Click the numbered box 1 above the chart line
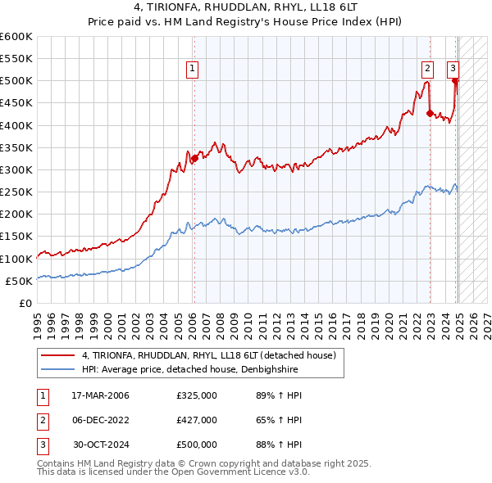tap(193, 70)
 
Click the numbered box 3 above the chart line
tap(453, 70)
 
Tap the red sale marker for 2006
tap(194, 159)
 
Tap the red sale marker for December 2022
tap(430, 114)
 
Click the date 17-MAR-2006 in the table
tap(100, 395)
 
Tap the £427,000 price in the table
tap(197, 420)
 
